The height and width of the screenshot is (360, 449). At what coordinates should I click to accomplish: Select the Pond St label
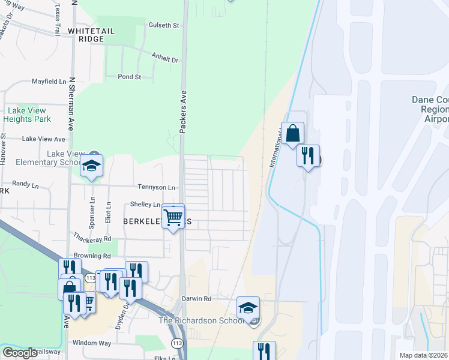[129, 77]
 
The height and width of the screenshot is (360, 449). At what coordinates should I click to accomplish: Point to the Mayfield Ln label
[49, 81]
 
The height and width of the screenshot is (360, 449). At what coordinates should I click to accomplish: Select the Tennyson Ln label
[156, 187]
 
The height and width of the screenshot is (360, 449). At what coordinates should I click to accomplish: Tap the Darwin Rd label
[197, 298]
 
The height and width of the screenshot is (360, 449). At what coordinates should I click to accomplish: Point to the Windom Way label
[92, 343]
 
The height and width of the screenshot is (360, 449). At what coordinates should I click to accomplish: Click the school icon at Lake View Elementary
[91, 166]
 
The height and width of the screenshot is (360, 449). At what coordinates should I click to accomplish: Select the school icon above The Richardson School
[248, 308]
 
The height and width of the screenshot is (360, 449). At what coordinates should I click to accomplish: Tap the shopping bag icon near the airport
[292, 133]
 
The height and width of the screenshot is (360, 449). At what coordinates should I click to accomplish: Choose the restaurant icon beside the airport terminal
[308, 156]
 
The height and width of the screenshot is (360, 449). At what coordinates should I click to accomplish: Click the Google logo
[19, 353]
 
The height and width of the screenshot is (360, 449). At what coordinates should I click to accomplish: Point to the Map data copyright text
[423, 355]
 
